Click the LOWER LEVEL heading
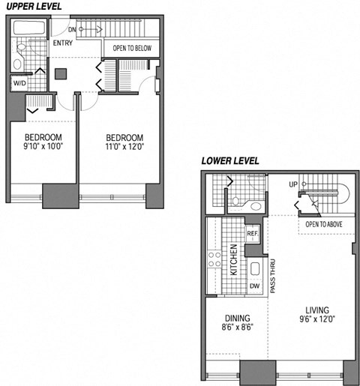click(x=229, y=161)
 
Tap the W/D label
click(x=18, y=83)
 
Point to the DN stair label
click(x=72, y=30)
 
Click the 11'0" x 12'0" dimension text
click(x=124, y=148)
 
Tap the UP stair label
click(x=294, y=184)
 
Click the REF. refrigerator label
click(x=252, y=233)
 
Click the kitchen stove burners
click(x=214, y=260)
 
